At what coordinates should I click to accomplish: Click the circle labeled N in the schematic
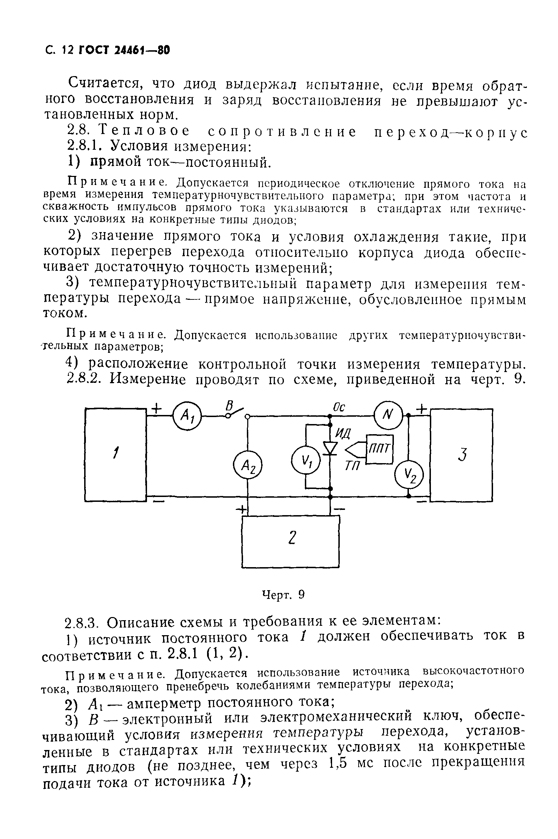388,415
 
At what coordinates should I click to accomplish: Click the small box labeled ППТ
380,449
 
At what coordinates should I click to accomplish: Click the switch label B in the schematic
230,405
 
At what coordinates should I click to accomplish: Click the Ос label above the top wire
339,407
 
